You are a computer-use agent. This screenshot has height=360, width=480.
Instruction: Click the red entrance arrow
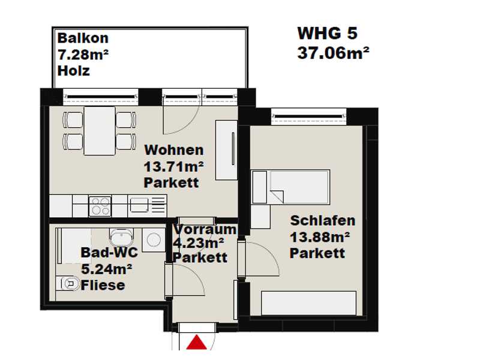point(197,342)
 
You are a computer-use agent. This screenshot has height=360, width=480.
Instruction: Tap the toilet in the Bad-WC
point(68,283)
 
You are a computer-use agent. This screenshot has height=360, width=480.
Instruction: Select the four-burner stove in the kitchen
point(100,206)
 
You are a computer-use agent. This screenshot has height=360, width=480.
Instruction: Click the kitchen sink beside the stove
point(139,205)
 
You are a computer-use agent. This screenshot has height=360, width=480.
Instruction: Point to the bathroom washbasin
point(122,237)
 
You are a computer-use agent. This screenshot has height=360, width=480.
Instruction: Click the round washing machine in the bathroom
point(154,239)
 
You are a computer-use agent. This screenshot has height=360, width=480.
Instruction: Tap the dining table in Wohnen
point(100,131)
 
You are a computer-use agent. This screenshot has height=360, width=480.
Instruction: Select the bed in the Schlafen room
point(290,187)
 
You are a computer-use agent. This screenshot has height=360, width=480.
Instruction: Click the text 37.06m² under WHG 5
point(333,53)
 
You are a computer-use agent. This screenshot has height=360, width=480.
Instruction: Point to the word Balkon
point(83,38)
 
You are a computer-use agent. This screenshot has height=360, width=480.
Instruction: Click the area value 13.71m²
point(173,167)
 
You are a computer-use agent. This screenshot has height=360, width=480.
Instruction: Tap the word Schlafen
point(323,220)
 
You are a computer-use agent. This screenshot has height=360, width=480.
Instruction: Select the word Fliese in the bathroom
point(103,286)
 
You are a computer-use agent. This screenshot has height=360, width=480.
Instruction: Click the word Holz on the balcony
point(73,71)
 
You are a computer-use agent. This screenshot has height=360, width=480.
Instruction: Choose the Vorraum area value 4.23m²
point(199,243)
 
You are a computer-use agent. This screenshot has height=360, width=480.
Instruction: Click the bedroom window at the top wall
point(309,116)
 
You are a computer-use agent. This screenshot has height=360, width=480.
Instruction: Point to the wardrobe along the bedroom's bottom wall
point(309,303)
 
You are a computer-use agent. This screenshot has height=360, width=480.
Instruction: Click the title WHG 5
point(327,33)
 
